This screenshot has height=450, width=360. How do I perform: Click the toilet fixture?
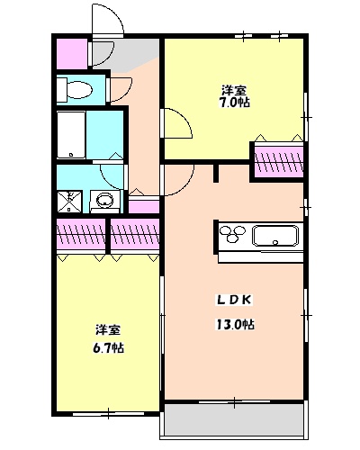[x=76, y=89]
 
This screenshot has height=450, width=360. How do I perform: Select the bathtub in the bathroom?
[x=72, y=134]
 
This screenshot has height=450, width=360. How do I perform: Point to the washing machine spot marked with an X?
[x=69, y=201]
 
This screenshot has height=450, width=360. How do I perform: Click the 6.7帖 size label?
[x=106, y=347]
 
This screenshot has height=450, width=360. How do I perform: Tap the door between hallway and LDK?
[x=176, y=180]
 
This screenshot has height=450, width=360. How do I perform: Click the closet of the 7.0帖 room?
[x=278, y=160]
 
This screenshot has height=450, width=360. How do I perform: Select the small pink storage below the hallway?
[x=144, y=208]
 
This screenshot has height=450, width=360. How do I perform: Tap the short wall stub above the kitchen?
[x=216, y=174]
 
